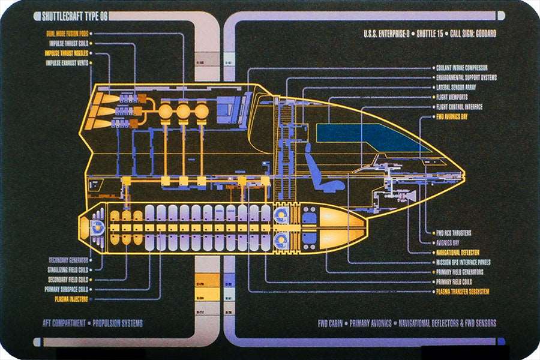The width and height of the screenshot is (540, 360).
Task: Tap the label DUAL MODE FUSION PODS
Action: coord(68,34)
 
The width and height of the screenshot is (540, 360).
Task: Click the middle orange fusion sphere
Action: coord(183,112)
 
